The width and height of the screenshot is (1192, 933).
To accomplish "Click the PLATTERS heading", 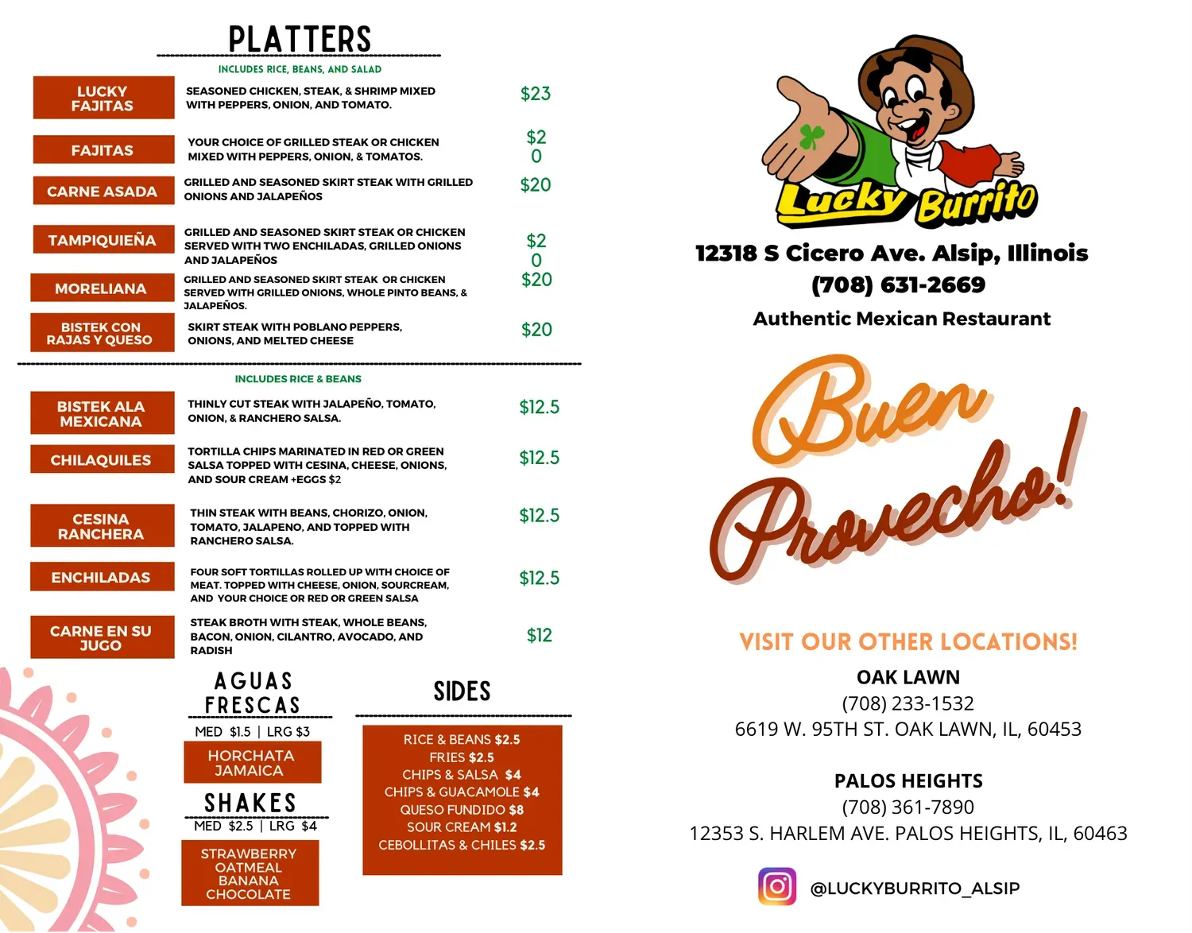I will (x=300, y=39).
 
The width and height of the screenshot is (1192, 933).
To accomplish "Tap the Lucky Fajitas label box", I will (x=103, y=98).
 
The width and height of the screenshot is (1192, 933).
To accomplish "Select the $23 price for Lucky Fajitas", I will (x=535, y=94).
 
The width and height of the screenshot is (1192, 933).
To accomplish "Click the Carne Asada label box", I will (x=103, y=192).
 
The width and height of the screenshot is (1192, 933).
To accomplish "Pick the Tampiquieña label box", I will (x=103, y=240).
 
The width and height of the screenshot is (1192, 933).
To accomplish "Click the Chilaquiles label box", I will (x=102, y=460).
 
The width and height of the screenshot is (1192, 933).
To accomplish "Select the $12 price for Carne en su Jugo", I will (x=539, y=635).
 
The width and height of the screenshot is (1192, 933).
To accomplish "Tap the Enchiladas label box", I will (x=102, y=578).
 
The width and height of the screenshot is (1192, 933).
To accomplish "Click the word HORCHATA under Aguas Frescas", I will (x=251, y=756).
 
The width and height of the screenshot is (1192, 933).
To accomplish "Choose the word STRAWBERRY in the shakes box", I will (x=249, y=854).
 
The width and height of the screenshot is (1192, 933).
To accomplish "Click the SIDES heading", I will (x=462, y=691).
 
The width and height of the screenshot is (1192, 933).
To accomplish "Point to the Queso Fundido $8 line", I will (x=462, y=810).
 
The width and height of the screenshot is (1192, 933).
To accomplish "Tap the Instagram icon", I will (x=777, y=887).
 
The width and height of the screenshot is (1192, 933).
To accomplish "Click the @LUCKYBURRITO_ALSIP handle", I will (x=915, y=888).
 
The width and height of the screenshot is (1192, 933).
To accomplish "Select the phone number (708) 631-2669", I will (x=898, y=285).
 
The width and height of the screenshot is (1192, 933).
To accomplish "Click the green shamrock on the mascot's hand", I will (x=811, y=136).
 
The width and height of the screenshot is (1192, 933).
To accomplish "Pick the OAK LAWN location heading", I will (x=908, y=677).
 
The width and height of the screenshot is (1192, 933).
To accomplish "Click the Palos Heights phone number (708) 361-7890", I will (x=908, y=807).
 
